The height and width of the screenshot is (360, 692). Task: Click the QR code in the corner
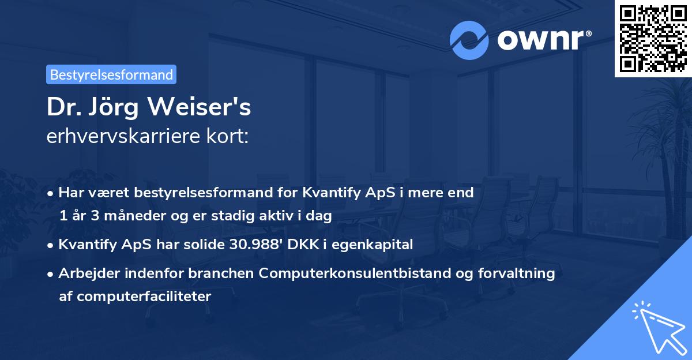653,39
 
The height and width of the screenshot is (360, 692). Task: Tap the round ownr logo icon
469,40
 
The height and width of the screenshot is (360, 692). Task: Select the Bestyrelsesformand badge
111,74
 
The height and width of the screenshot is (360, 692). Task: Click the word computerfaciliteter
136,297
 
